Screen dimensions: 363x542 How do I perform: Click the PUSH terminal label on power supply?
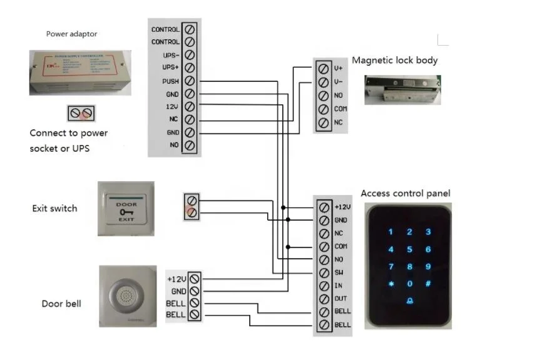point(171,81)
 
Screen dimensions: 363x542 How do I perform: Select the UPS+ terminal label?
point(171,68)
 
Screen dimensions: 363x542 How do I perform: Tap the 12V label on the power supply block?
point(173,107)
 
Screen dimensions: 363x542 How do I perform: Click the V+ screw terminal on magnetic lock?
point(324,69)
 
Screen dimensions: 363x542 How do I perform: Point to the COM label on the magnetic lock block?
point(340,109)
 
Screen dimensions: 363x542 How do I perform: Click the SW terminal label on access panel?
point(339,273)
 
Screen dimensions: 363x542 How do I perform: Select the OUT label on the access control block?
point(340,299)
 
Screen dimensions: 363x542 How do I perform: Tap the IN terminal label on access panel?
point(337,286)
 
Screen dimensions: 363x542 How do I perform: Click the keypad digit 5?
point(409,249)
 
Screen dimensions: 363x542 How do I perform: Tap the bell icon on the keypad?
point(409,301)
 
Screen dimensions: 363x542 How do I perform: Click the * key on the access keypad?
point(391,284)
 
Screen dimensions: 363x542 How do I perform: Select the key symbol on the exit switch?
point(126,212)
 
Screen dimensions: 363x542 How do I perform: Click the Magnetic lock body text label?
point(394,61)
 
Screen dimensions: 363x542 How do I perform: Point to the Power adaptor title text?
point(72,34)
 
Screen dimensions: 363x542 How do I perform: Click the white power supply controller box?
point(80,72)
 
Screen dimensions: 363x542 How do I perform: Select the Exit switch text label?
point(55,208)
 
